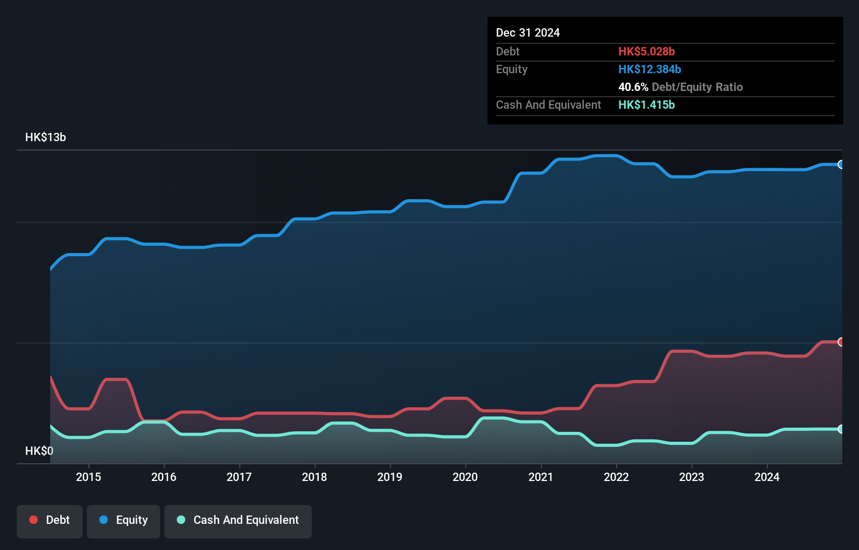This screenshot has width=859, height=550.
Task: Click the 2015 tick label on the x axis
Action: tap(88, 477)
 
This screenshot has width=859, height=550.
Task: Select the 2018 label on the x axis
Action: tap(314, 477)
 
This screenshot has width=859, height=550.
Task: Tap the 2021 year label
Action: tap(540, 477)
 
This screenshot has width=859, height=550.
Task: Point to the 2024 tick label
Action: tap(766, 477)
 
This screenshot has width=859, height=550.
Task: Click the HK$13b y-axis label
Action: tap(46, 137)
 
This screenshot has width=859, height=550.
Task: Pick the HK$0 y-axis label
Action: tap(39, 451)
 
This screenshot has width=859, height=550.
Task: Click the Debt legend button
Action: tap(50, 520)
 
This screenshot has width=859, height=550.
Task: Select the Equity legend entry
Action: tap(123, 520)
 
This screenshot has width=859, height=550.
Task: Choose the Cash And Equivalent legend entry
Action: tap(238, 520)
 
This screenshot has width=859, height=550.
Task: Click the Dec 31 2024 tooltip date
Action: tap(528, 33)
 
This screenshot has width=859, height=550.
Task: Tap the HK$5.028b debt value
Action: tap(646, 52)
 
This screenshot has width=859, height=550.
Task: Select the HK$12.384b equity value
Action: tap(649, 70)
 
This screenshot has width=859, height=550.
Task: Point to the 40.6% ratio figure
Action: tap(633, 87)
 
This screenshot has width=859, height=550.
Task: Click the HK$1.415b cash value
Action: tap(646, 105)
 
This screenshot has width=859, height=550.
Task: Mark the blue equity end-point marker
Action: tap(841, 165)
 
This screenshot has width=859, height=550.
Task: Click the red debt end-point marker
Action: tap(841, 342)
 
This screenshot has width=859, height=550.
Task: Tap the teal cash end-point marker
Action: tap(841, 429)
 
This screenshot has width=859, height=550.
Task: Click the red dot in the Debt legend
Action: tap(33, 520)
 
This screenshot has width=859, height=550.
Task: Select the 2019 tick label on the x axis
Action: tap(390, 477)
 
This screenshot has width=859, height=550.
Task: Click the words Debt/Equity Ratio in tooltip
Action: tap(697, 87)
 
